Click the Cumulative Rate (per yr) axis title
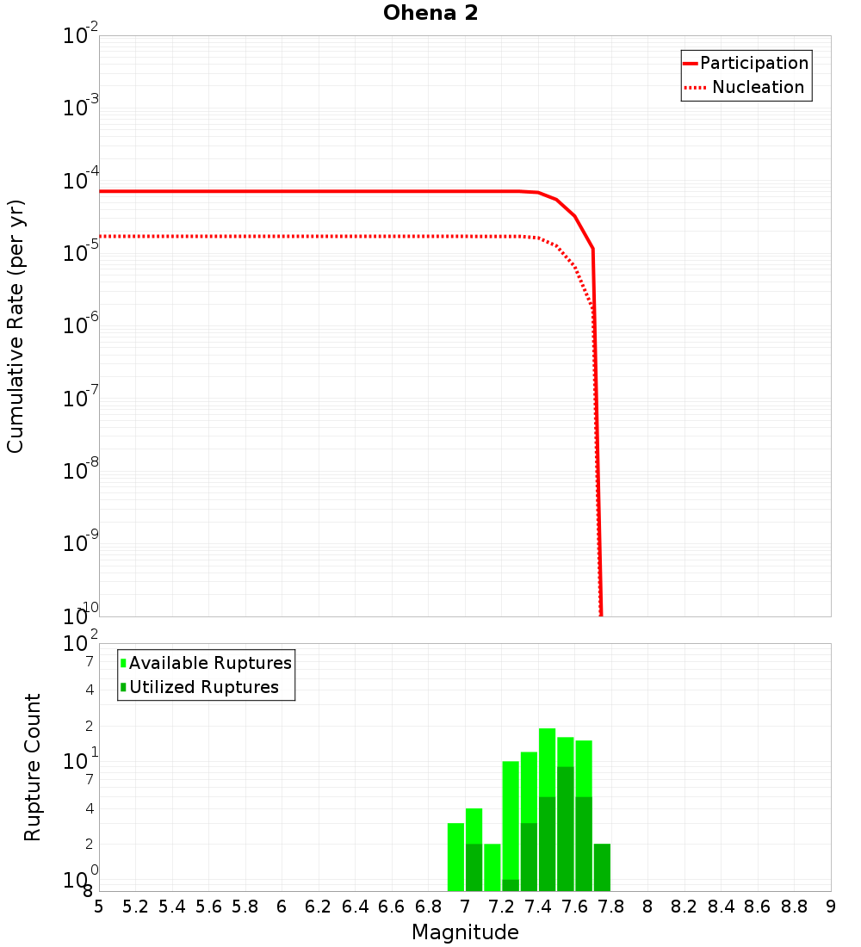click(15, 325)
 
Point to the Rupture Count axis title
click(33, 767)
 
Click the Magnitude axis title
click(465, 932)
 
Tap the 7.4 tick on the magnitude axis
click(538, 907)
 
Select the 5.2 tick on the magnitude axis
click(136, 907)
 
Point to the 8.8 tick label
click(794, 907)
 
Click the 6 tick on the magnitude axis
click(282, 907)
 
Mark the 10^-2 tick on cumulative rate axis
click(81, 36)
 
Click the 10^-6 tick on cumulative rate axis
click(81, 325)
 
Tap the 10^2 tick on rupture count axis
click(81, 644)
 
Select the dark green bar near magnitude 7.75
click(602, 867)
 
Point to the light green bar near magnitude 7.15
click(492, 867)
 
